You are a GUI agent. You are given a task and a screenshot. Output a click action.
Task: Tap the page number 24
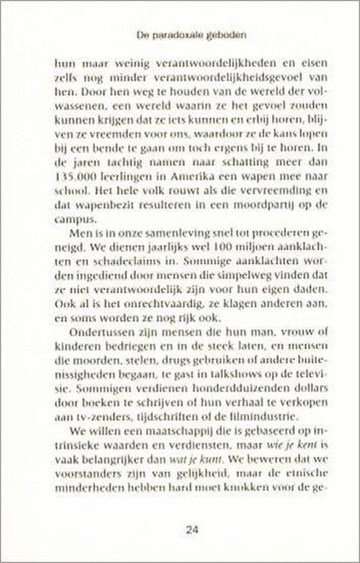(x=191, y=531)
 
